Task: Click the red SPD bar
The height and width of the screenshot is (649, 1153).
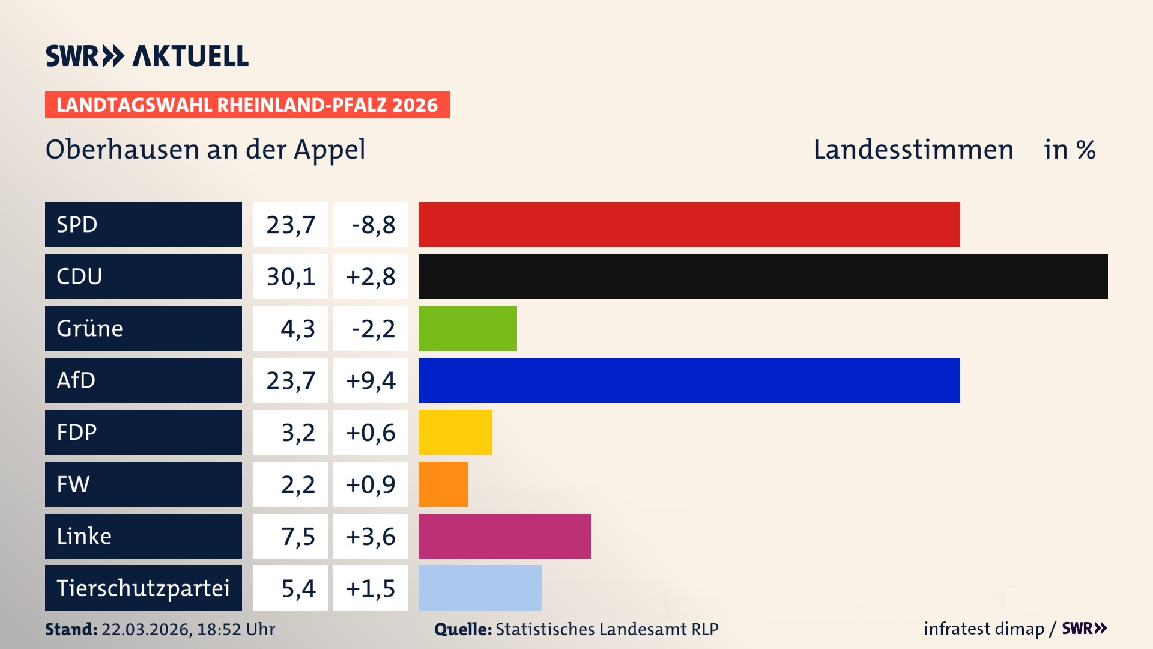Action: tap(689, 224)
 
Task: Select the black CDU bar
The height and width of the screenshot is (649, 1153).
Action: tap(763, 276)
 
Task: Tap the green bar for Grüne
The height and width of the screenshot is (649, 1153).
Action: tap(467, 328)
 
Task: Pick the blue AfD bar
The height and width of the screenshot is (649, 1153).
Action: tap(689, 380)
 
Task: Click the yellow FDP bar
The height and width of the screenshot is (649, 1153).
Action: tap(455, 432)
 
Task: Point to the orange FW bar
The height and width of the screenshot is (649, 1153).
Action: tap(443, 484)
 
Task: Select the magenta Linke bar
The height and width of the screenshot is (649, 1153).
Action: tap(504, 536)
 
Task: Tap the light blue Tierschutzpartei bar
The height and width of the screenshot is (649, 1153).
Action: tap(480, 588)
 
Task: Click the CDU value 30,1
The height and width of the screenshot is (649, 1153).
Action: tap(291, 276)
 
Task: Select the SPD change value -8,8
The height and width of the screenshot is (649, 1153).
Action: tap(373, 225)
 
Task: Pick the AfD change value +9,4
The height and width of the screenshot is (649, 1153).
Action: tap(371, 380)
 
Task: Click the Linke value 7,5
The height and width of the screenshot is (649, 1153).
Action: tap(297, 536)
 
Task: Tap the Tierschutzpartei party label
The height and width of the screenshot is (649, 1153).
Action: tap(143, 588)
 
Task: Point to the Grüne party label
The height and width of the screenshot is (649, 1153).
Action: tap(90, 328)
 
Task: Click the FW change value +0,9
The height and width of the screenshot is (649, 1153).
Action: tap(371, 484)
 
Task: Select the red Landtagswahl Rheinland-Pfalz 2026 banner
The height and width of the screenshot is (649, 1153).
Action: tap(247, 105)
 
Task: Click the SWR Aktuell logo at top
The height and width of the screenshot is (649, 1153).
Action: tap(147, 56)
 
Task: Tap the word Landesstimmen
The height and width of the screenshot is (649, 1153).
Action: tap(913, 150)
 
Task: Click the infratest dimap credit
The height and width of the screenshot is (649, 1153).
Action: tap(984, 629)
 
